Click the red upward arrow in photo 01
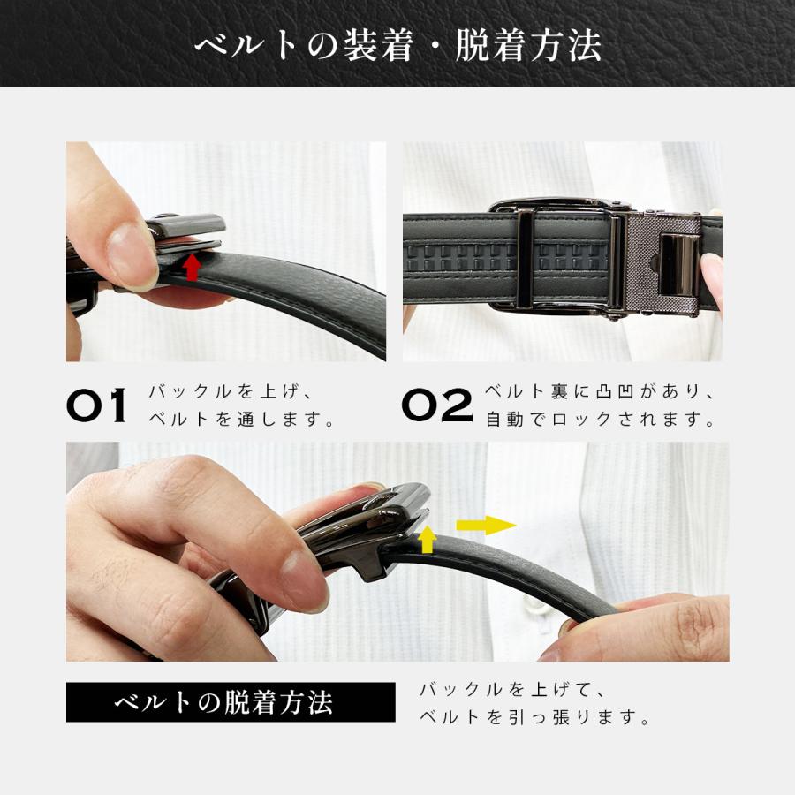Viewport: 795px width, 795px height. tap(192, 267)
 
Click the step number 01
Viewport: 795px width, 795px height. tap(97, 405)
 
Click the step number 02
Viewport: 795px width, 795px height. tap(437, 405)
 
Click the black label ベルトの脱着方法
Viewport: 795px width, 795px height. tap(224, 703)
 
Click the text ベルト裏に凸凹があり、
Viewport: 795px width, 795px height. tap(600, 391)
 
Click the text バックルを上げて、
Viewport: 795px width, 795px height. tap(511, 688)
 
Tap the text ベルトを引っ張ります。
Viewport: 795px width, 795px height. tap(535, 717)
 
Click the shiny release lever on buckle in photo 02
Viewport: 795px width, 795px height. tap(678, 264)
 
